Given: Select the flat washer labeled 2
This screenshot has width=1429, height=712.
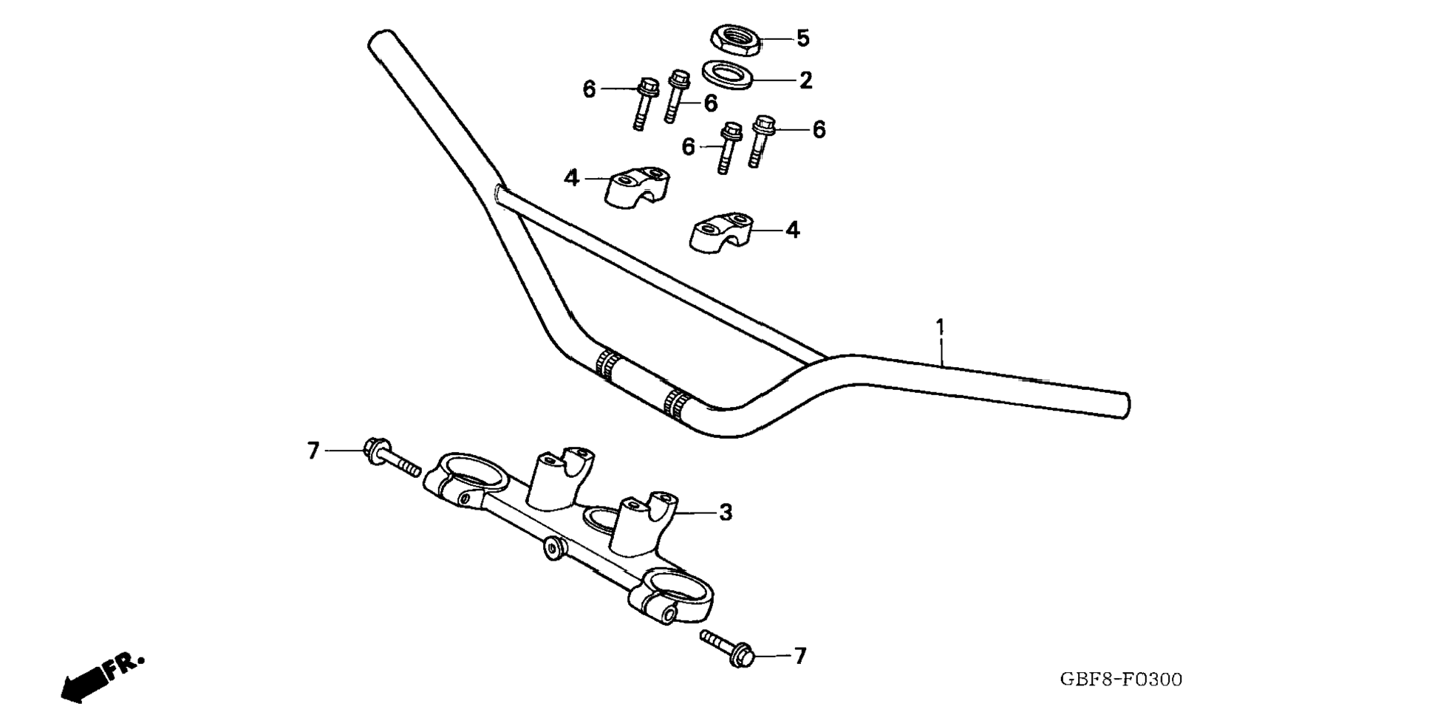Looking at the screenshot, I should [x=728, y=75].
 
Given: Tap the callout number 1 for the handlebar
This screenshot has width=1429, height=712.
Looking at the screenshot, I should [x=940, y=326].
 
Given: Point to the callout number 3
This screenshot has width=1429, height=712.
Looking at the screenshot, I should [x=726, y=512].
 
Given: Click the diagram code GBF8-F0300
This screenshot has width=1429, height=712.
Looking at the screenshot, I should [x=1120, y=680].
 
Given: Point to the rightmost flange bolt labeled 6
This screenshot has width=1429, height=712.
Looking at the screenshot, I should [x=760, y=140].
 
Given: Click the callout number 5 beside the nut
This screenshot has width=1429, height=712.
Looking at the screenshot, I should [x=802, y=38].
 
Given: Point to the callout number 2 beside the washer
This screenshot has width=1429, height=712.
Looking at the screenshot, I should [x=805, y=80].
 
